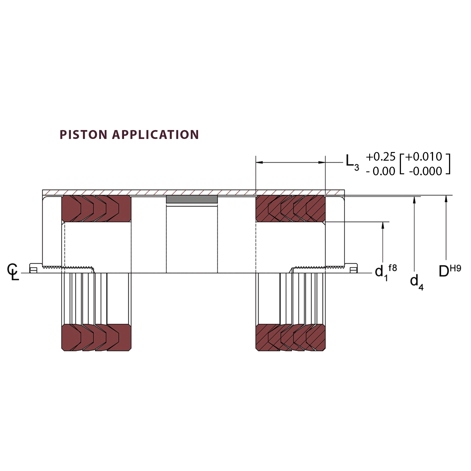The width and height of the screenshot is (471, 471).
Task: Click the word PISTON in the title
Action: coord(83,135)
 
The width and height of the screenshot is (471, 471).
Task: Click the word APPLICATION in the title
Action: coord(155,135)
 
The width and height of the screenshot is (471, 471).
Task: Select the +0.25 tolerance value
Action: coord(380,157)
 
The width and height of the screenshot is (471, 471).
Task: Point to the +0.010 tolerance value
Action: coord(424,157)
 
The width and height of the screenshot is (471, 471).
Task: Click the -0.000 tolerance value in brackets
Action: coord(425,171)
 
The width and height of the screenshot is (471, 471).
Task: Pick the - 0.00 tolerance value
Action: coord(380,171)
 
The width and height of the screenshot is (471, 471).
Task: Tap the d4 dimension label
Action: coord(416,282)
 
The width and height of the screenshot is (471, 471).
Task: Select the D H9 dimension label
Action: coord(450,271)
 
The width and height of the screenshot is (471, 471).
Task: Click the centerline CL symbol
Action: coord(13,272)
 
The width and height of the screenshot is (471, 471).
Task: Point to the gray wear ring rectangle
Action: coord(192,199)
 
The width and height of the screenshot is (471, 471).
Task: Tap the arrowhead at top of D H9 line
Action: coord(446,199)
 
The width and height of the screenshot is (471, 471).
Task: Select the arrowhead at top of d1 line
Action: coord(383,225)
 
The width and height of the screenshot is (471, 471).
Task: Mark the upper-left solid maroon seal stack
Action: coord(96,209)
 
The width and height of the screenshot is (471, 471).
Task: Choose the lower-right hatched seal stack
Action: coord(290,338)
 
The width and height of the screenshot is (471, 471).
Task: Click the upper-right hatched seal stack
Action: coord(290,209)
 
